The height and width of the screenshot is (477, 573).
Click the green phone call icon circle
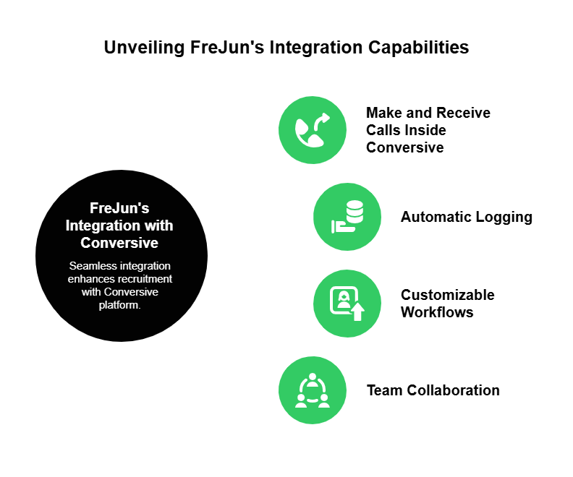pyautogui.click(x=313, y=130)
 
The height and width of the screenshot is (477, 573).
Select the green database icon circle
pyautogui.click(x=347, y=217)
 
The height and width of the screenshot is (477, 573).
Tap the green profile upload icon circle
pyautogui.click(x=347, y=304)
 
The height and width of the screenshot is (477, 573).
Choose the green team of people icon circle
pyautogui.click(x=313, y=390)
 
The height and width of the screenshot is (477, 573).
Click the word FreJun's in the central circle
pyautogui.click(x=119, y=208)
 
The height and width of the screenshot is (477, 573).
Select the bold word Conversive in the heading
pyautogui.click(x=119, y=243)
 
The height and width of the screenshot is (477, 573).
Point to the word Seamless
pyautogui.click(x=90, y=266)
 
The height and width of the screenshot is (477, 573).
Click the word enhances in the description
pyautogui.click(x=90, y=279)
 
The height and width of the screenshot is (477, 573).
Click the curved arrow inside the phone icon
pyautogui.click(x=322, y=119)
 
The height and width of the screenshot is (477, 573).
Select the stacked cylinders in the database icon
pyautogui.click(x=355, y=211)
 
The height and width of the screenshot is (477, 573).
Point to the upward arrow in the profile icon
pyautogui.click(x=357, y=311)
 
